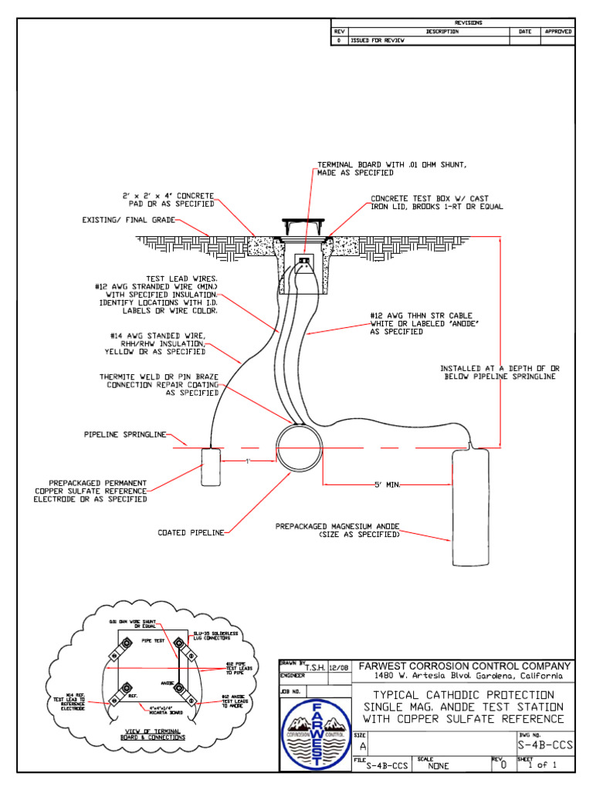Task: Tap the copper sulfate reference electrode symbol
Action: pos(211,466)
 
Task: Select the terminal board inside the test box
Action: pos(303,262)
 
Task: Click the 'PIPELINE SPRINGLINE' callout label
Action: pos(125,435)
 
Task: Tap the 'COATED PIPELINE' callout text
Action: pos(191,532)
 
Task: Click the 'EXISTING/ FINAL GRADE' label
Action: pos(129,220)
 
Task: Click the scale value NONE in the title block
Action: pos(439,766)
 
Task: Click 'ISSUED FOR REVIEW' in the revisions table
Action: pos(376,40)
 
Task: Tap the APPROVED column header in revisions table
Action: pos(557,32)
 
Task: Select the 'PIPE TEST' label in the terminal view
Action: pos(153,640)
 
